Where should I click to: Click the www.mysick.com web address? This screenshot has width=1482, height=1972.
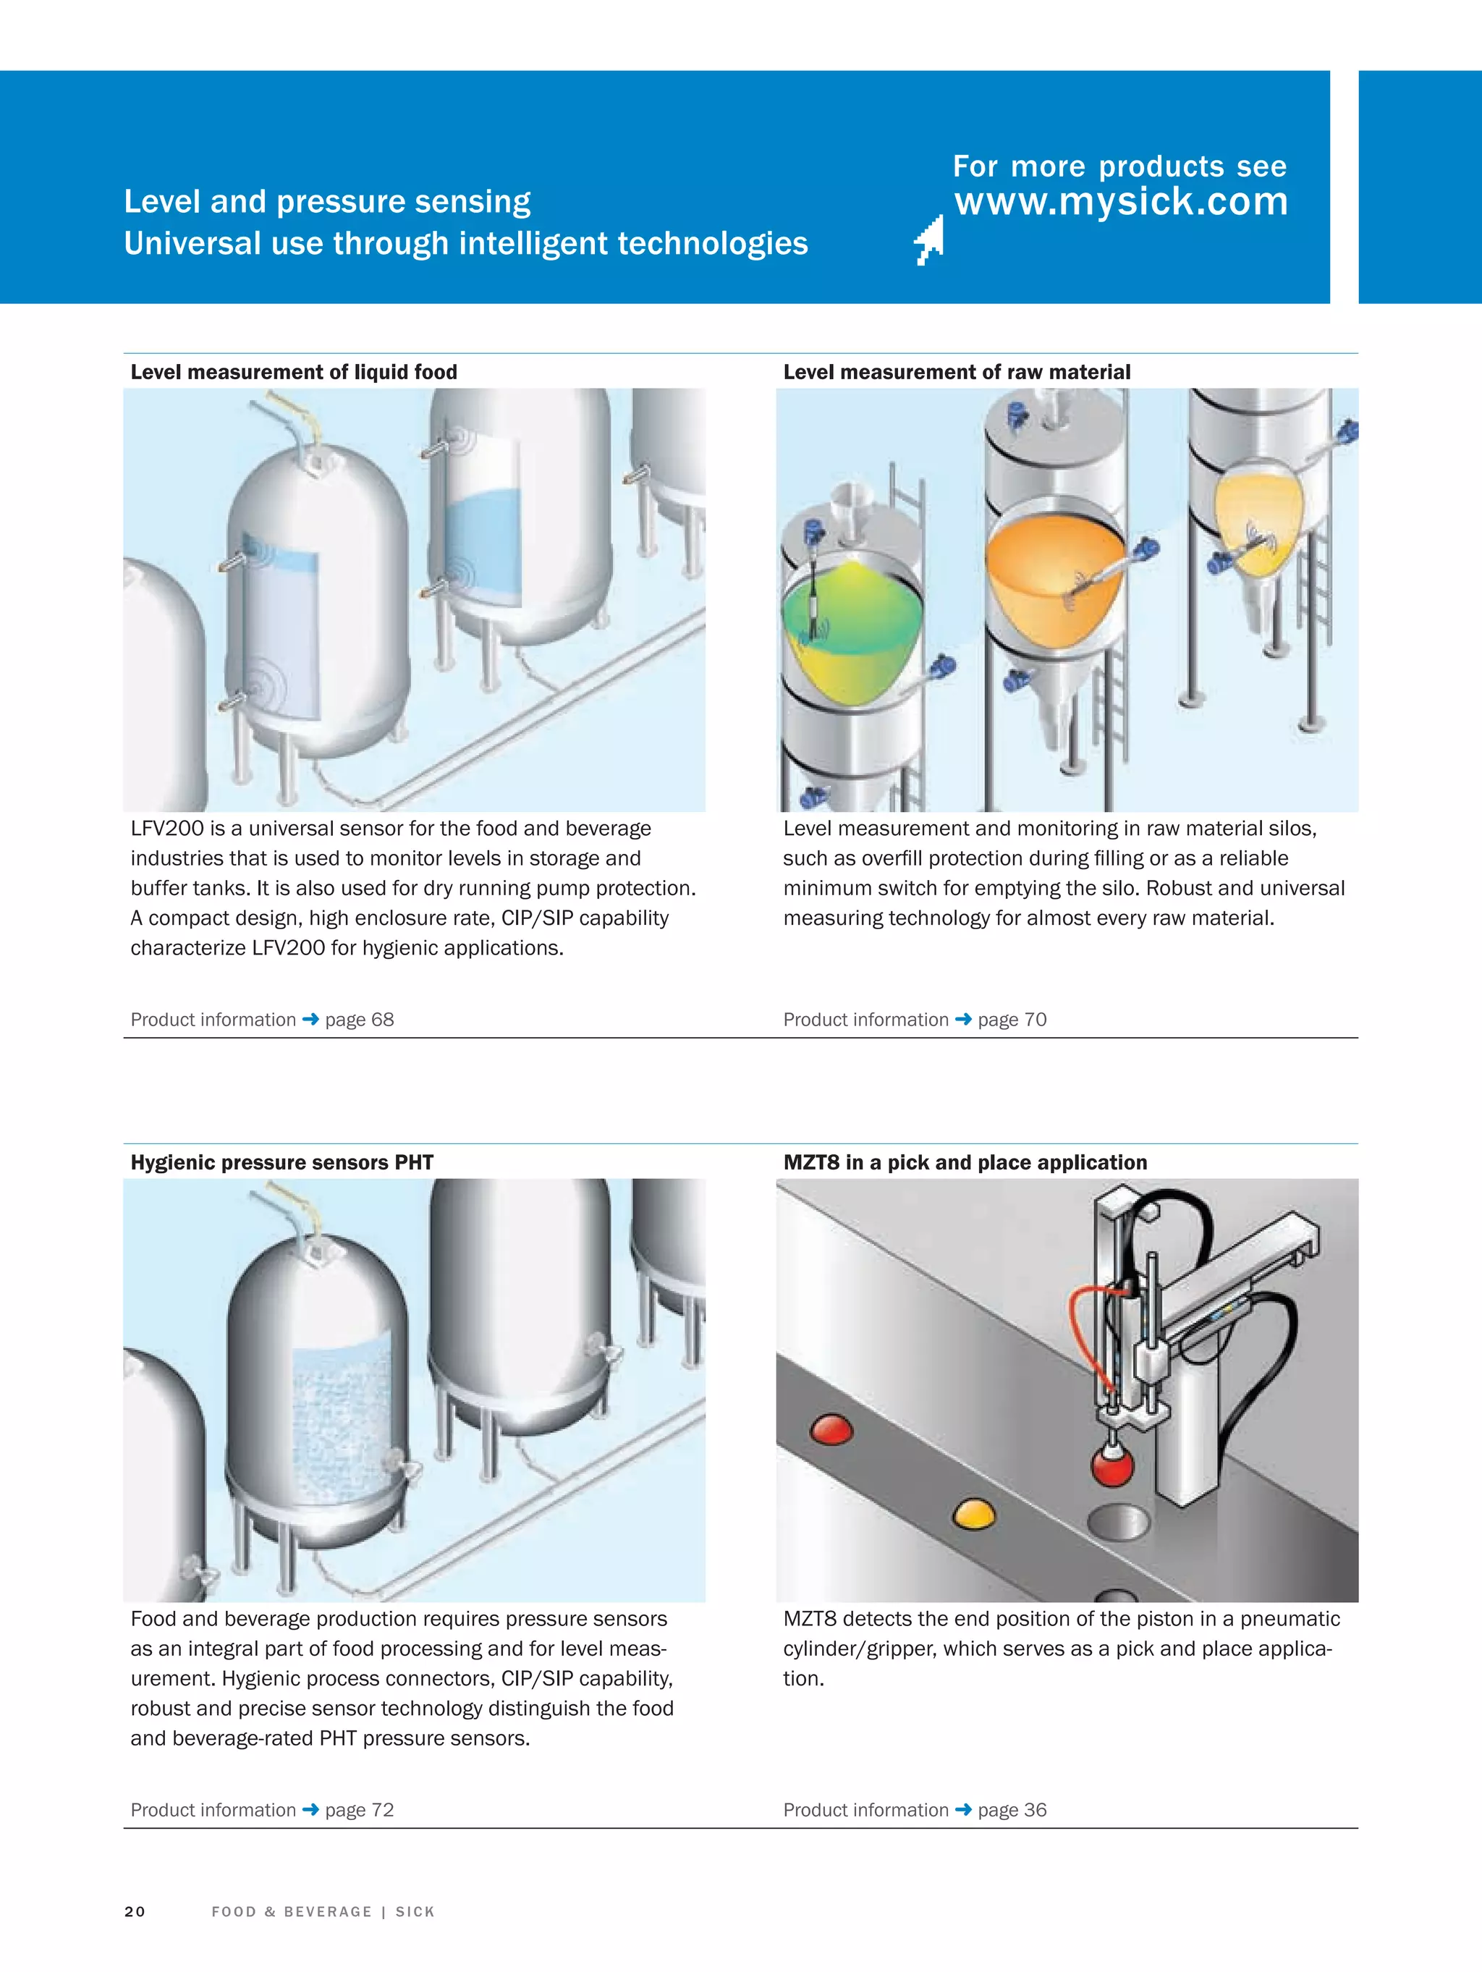[x=1121, y=201]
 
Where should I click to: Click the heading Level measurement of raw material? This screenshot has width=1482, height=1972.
[x=956, y=372]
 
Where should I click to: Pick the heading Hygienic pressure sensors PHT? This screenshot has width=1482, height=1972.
[x=281, y=1162]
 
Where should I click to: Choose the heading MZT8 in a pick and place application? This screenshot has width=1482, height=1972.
[x=965, y=1162]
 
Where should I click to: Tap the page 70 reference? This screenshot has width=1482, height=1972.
[x=1012, y=1020]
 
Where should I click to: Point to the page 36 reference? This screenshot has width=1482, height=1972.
[x=1012, y=1810]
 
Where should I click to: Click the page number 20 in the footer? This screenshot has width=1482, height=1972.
[x=135, y=1911]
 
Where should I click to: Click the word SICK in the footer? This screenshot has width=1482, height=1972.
[x=415, y=1911]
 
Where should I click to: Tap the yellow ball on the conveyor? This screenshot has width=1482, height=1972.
[x=974, y=1514]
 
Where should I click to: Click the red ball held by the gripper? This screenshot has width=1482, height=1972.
[x=1112, y=1468]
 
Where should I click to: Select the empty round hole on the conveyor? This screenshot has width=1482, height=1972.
[x=1119, y=1522]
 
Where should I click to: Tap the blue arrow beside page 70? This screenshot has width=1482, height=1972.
[x=963, y=1019]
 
